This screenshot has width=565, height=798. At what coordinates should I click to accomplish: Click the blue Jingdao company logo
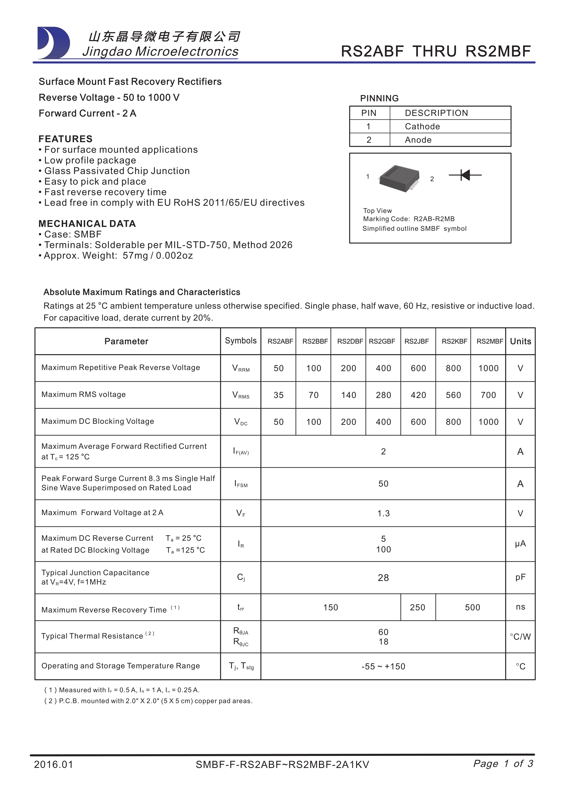click(54, 43)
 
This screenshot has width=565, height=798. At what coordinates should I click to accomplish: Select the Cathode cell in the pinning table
click(422, 126)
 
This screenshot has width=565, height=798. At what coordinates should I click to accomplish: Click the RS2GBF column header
click(382, 341)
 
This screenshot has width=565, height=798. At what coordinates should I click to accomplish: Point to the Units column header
click(520, 341)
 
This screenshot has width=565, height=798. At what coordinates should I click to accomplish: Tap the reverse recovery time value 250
click(417, 608)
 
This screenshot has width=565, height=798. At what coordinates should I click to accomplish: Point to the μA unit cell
click(520, 544)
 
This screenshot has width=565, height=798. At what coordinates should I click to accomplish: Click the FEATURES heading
click(65, 139)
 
